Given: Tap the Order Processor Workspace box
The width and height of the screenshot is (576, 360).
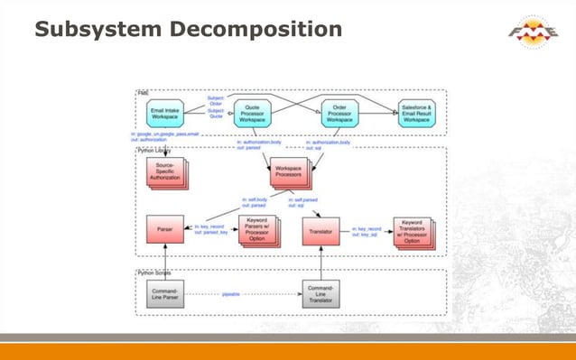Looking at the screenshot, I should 345,113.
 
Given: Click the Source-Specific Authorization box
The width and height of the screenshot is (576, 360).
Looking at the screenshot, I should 165,171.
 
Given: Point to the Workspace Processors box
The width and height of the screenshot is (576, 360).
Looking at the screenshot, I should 288,171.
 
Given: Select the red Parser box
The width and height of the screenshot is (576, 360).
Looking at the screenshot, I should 164,229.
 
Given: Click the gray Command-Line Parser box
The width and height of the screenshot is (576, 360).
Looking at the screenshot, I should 164,292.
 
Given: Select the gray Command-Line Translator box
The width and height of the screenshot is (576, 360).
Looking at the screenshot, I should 321,292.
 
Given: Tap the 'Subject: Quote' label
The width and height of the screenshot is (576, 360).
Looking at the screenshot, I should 216,114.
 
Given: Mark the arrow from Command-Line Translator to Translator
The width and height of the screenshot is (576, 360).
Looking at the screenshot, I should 321,262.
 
